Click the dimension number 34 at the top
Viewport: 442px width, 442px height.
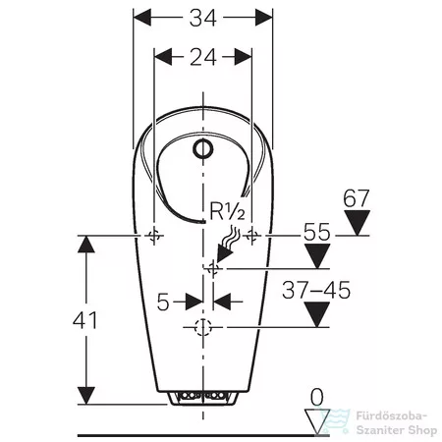(x=203, y=18)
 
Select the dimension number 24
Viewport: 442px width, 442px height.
(x=203, y=57)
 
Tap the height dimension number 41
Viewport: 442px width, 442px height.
(x=85, y=320)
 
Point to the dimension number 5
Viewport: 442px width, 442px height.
(x=163, y=302)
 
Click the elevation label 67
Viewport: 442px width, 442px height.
(x=357, y=197)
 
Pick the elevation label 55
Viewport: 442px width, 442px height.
(x=317, y=232)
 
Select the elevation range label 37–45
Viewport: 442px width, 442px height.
(x=316, y=290)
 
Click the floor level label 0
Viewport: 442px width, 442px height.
(x=316, y=397)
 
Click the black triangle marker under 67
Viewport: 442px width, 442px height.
(x=358, y=222)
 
